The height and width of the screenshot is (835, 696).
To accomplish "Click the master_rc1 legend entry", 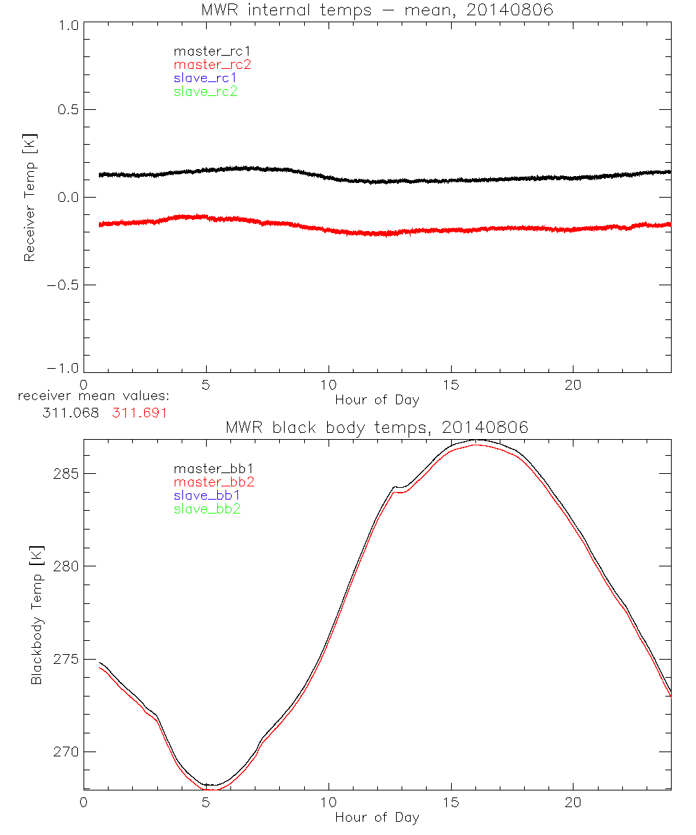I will click(206, 51).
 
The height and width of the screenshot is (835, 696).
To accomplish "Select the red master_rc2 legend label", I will click(212, 65).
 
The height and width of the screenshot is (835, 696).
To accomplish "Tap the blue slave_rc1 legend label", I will click(205, 78).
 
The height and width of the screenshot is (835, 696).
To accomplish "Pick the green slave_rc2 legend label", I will click(205, 91).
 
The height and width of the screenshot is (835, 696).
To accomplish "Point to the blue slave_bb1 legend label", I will click(207, 495).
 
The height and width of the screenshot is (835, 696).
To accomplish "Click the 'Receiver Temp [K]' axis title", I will click(29, 198).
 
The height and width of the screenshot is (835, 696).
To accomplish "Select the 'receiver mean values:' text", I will click(94, 397).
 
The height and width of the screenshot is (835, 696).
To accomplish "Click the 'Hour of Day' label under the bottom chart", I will click(377, 817).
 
